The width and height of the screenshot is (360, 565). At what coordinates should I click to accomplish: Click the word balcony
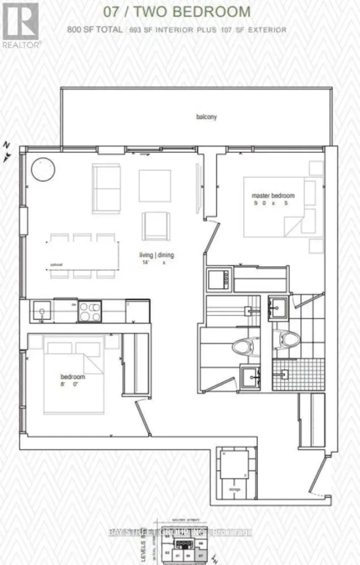206,117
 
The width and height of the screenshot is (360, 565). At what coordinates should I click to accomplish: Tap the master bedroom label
273,195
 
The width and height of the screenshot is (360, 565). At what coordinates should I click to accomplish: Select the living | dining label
155,255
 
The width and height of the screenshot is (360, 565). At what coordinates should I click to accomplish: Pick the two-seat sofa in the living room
106,188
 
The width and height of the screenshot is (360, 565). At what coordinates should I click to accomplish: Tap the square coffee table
155,185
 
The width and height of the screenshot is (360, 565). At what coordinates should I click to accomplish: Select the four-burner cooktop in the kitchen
90,311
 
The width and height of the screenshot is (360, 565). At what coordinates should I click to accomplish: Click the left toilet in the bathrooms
245,347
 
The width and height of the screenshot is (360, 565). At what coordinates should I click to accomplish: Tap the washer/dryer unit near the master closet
219,280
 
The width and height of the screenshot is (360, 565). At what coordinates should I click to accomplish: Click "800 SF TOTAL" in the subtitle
94,30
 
